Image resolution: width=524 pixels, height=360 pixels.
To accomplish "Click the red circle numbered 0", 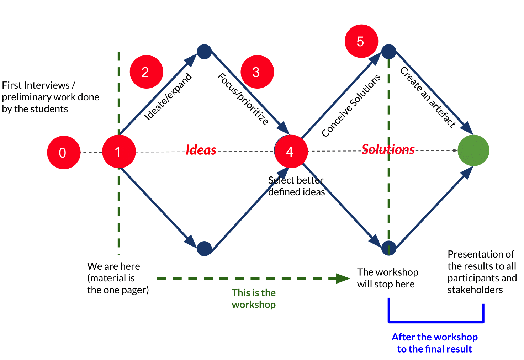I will pos(64,152).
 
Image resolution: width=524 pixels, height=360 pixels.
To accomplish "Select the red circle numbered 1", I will pos(119,152).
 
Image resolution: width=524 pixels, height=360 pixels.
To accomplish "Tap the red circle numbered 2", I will pos(146,72).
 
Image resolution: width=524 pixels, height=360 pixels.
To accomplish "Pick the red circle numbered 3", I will pos(257,72).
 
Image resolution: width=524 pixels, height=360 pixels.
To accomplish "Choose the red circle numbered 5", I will pos(361,41).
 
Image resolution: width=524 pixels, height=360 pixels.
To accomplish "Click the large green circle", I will pos(473,150).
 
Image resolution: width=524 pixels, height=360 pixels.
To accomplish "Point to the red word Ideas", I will pos(201,150).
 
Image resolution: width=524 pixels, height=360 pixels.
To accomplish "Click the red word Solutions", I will pos(388,149).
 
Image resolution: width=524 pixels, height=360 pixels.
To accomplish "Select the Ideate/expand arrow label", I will pos(168,97).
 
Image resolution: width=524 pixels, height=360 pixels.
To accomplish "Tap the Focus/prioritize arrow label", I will pos(243,99).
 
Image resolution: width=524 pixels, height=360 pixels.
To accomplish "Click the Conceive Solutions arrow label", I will pos(351,106).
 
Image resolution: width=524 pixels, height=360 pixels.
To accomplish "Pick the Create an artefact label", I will pos(428,97).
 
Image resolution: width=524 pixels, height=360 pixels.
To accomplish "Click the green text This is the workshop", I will pos(254,298).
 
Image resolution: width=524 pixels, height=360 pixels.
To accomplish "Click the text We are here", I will pos(113,266).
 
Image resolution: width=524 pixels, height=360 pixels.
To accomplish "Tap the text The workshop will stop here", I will pos(387,278).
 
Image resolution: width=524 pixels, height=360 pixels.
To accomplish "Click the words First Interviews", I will pos(36,85).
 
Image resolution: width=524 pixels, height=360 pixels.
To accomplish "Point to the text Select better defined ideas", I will pos(296,186).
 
